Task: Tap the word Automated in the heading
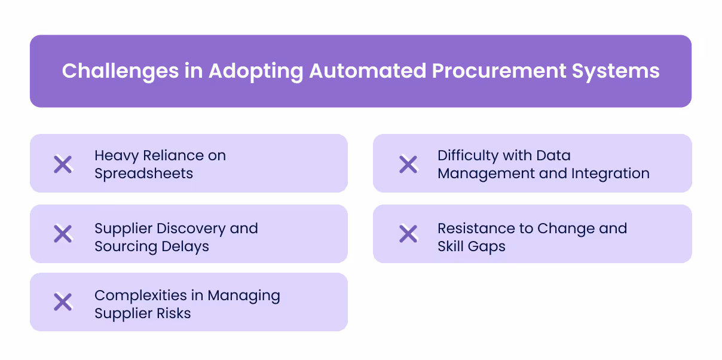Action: coord(365,71)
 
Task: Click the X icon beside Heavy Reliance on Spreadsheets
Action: coord(63,164)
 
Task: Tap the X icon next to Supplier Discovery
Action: coord(63,234)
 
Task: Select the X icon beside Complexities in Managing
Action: coord(63,302)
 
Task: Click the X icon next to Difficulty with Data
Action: coord(408,164)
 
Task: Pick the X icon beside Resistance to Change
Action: coord(408,234)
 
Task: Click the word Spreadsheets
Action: coord(143,173)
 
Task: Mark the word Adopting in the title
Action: coord(256,71)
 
